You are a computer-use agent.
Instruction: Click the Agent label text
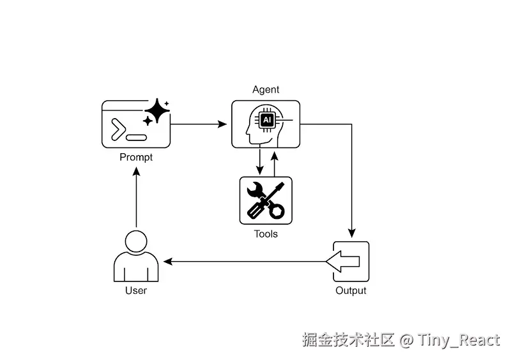point(266,89)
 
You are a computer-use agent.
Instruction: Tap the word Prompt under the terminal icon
point(136,157)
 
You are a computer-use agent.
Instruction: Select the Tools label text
point(266,234)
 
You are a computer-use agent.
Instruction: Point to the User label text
point(136,290)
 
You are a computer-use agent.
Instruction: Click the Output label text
point(351,290)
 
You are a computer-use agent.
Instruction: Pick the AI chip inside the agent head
point(268,119)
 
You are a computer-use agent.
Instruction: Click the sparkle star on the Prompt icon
point(156,113)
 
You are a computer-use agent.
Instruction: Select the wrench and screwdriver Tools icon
point(266,200)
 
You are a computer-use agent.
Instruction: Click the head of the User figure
point(136,242)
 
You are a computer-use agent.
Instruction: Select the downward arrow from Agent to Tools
point(259,162)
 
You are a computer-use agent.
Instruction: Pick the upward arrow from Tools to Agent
point(274,162)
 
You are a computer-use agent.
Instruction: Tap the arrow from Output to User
point(243,262)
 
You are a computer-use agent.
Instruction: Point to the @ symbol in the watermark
point(407,340)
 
